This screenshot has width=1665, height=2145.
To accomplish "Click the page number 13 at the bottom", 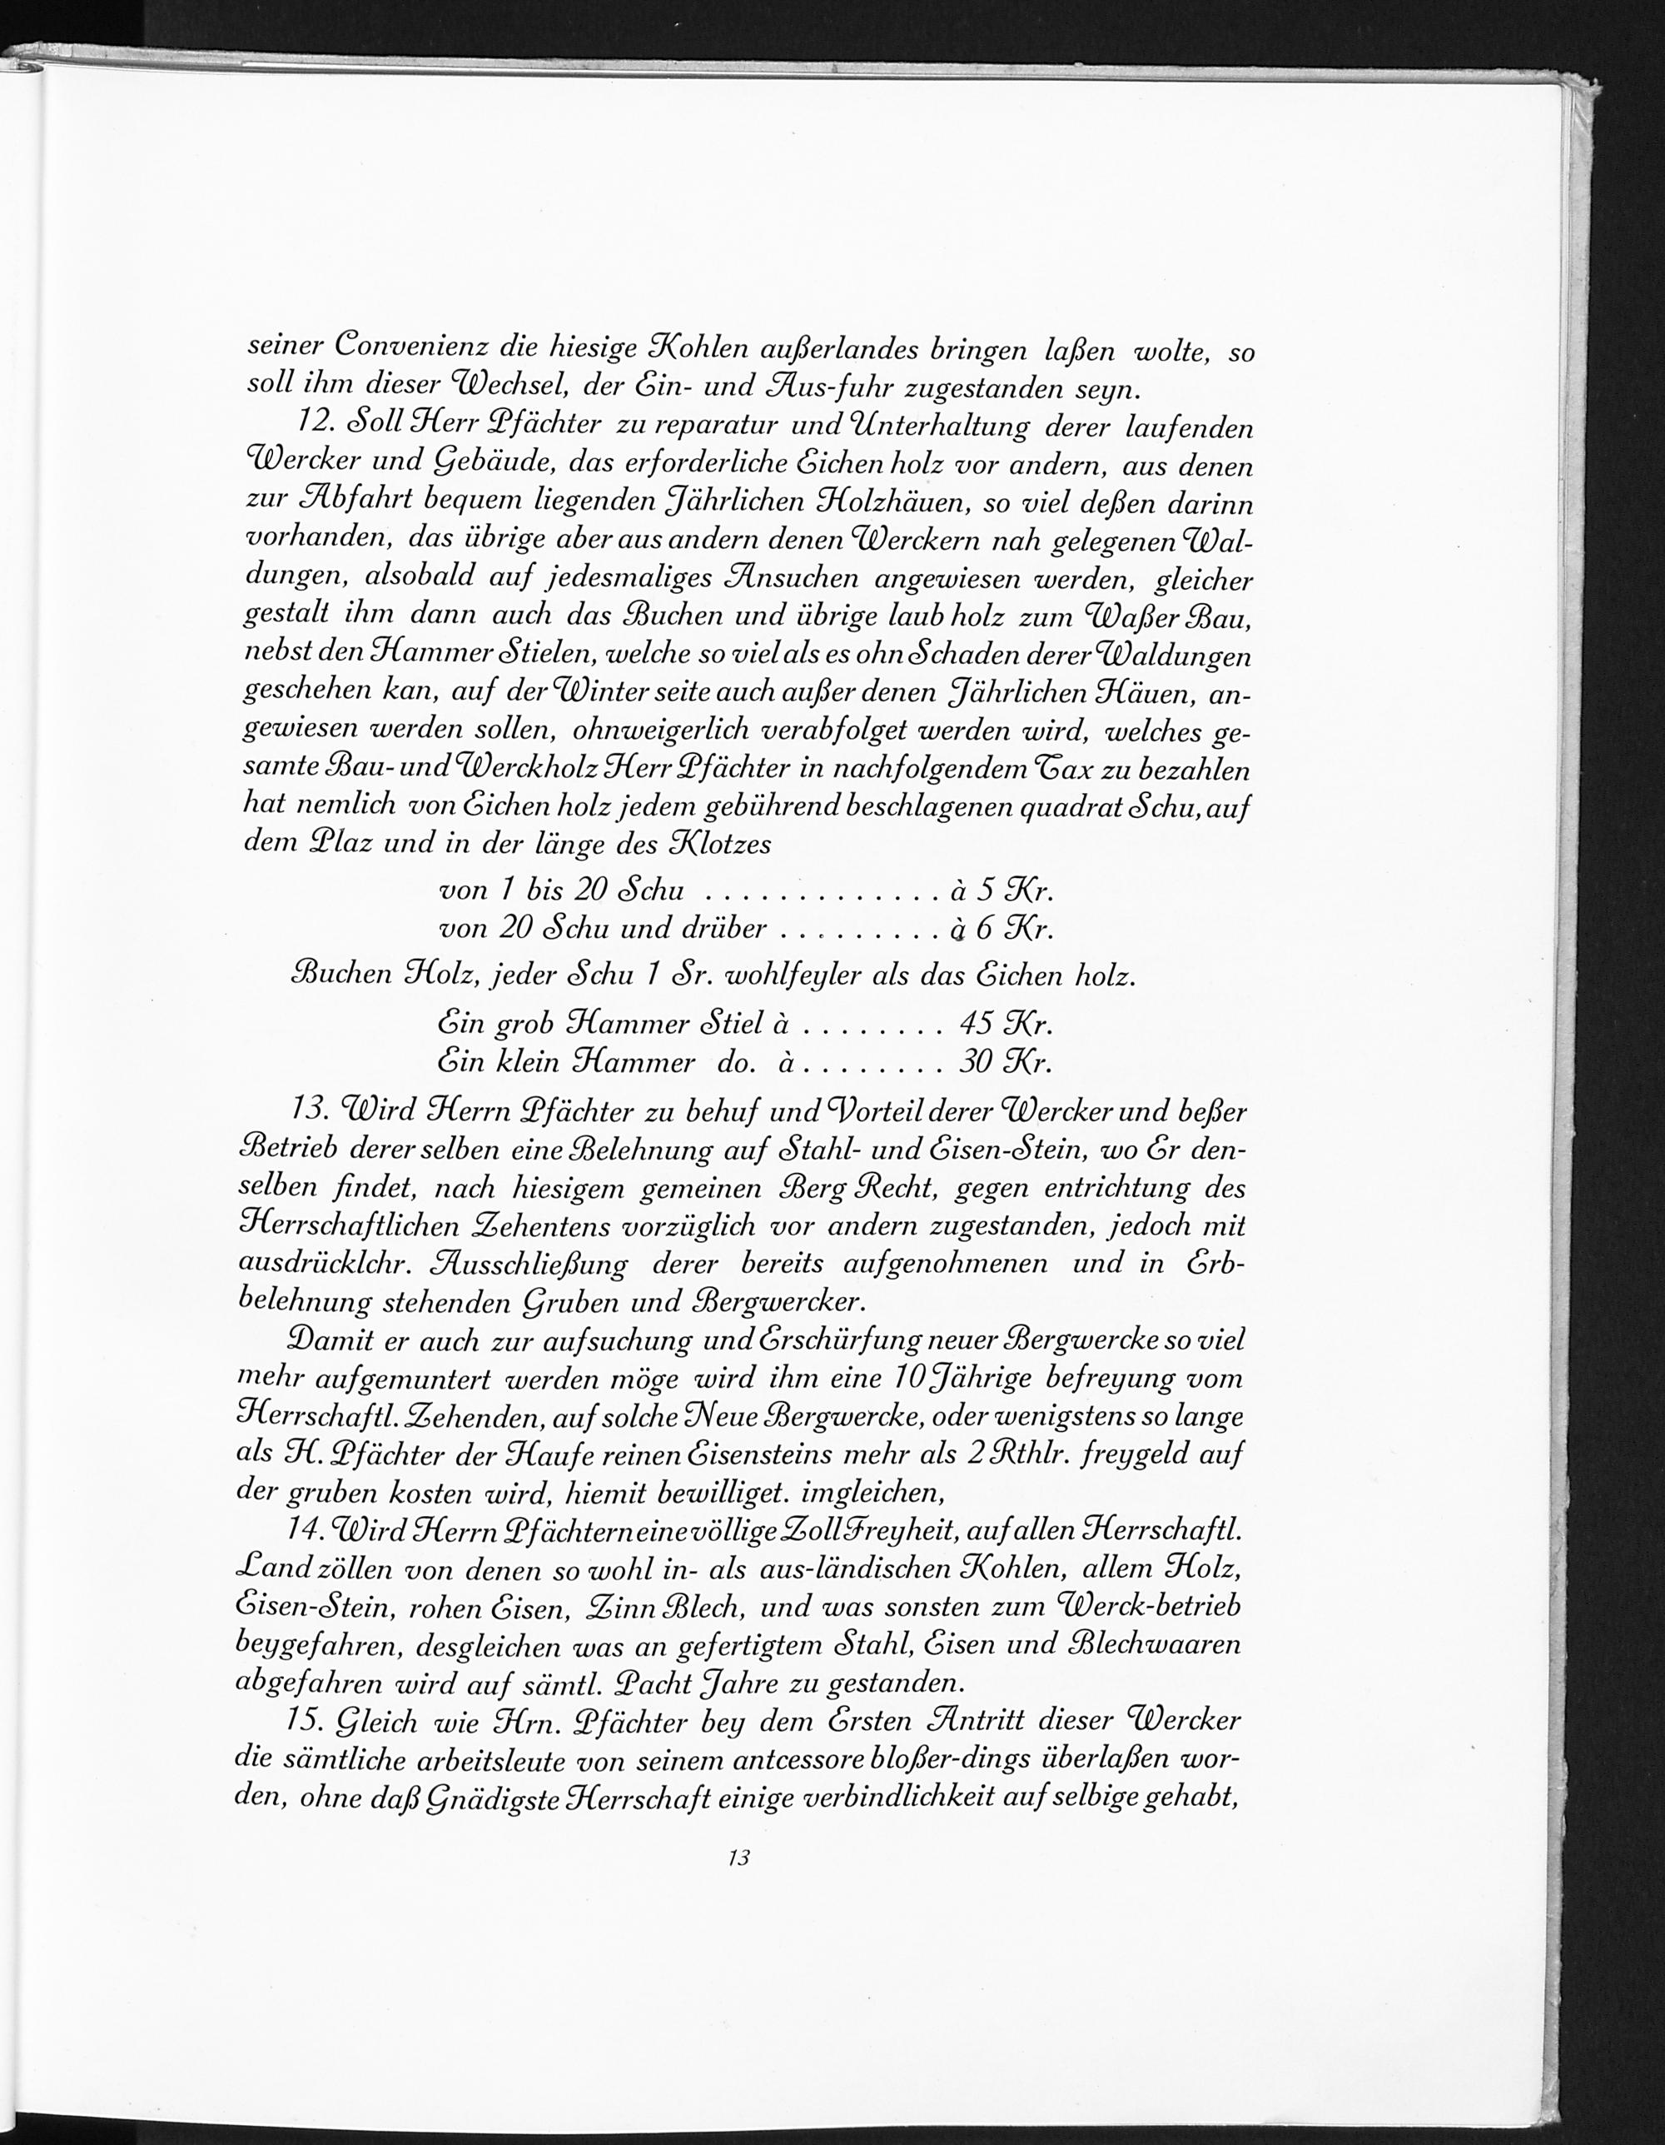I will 739,1858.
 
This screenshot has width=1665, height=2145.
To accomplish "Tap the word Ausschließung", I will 519,1264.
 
